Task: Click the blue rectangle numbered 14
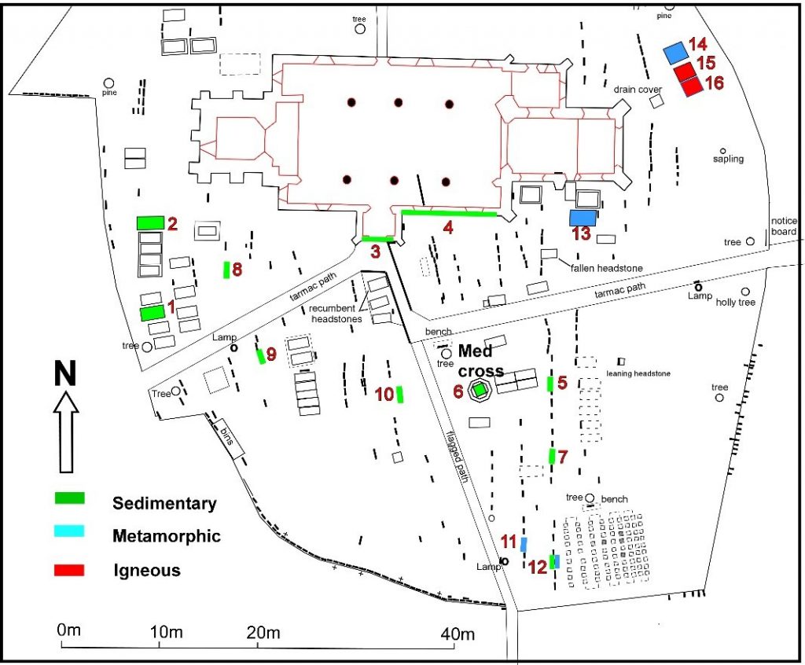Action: [674, 53]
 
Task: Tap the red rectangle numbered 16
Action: [691, 86]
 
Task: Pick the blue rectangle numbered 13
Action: [583, 217]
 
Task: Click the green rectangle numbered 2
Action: [149, 222]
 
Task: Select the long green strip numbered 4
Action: [448, 212]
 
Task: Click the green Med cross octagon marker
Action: [479, 389]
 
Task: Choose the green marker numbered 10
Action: [399, 394]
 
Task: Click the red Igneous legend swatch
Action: [68, 570]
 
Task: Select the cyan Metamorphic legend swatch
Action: [68, 534]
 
